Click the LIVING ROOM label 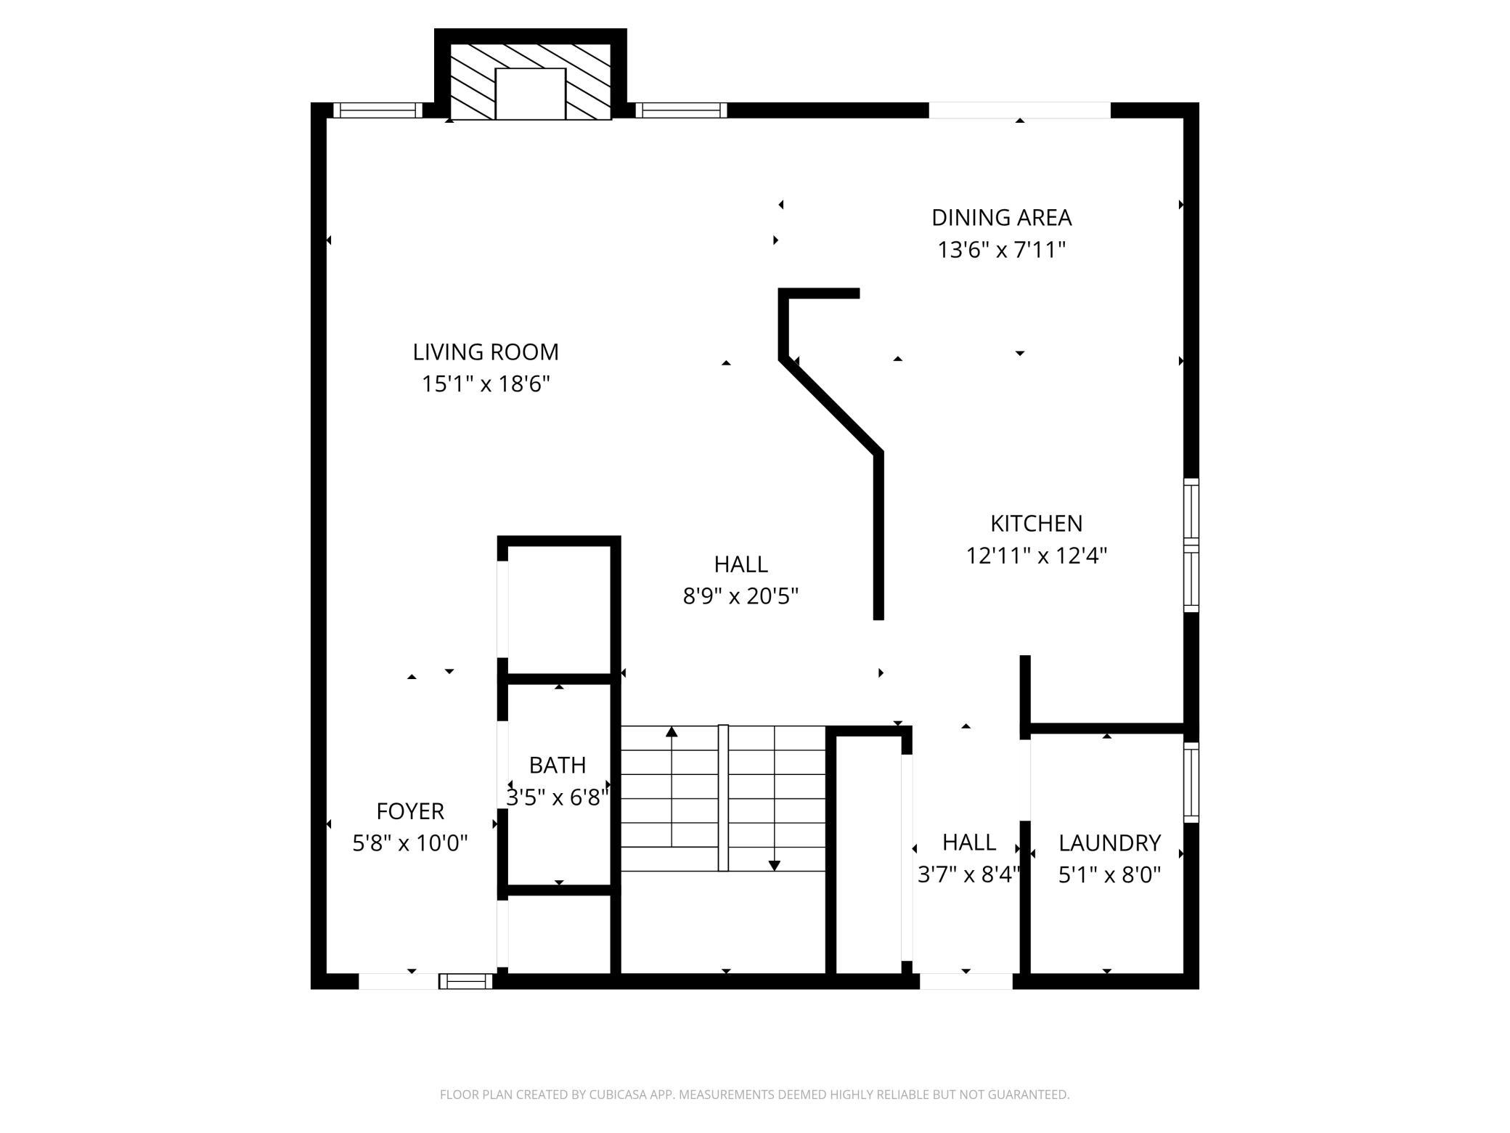(486, 352)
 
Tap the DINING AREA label (1002, 218)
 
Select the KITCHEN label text (1037, 524)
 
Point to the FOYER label (410, 811)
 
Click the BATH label (558, 766)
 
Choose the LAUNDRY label (1110, 843)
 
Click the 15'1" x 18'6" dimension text (486, 384)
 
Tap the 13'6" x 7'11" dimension (1002, 251)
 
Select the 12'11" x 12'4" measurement (1037, 556)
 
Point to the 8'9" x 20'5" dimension (740, 597)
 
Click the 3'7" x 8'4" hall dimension (969, 875)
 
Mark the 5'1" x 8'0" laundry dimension (1110, 875)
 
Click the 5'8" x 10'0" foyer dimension (410, 843)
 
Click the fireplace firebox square (531, 94)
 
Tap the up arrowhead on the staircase (672, 731)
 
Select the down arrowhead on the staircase (775, 865)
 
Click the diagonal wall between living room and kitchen (831, 406)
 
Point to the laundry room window (1191, 782)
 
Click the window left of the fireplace (377, 110)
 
